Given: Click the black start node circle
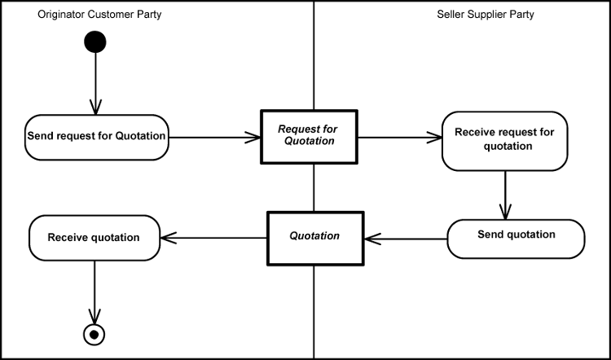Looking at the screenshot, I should tap(95, 42).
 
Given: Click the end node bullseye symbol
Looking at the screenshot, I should tap(96, 334).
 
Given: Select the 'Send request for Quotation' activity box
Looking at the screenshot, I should tap(97, 136).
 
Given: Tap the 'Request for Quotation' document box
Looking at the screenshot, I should tap(308, 135).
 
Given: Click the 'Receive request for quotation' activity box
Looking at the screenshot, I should tap(504, 140).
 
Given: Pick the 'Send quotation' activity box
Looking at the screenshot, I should tap(516, 239).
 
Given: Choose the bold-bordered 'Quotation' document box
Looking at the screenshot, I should tap(315, 237).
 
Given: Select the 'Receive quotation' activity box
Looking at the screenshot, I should tap(94, 238).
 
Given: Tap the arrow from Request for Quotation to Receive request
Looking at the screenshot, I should tap(399, 137).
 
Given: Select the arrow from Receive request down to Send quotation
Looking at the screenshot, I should tap(506, 195).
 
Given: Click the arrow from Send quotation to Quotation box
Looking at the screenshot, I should tap(406, 239).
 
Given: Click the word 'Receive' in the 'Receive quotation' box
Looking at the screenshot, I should tap(67, 238).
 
